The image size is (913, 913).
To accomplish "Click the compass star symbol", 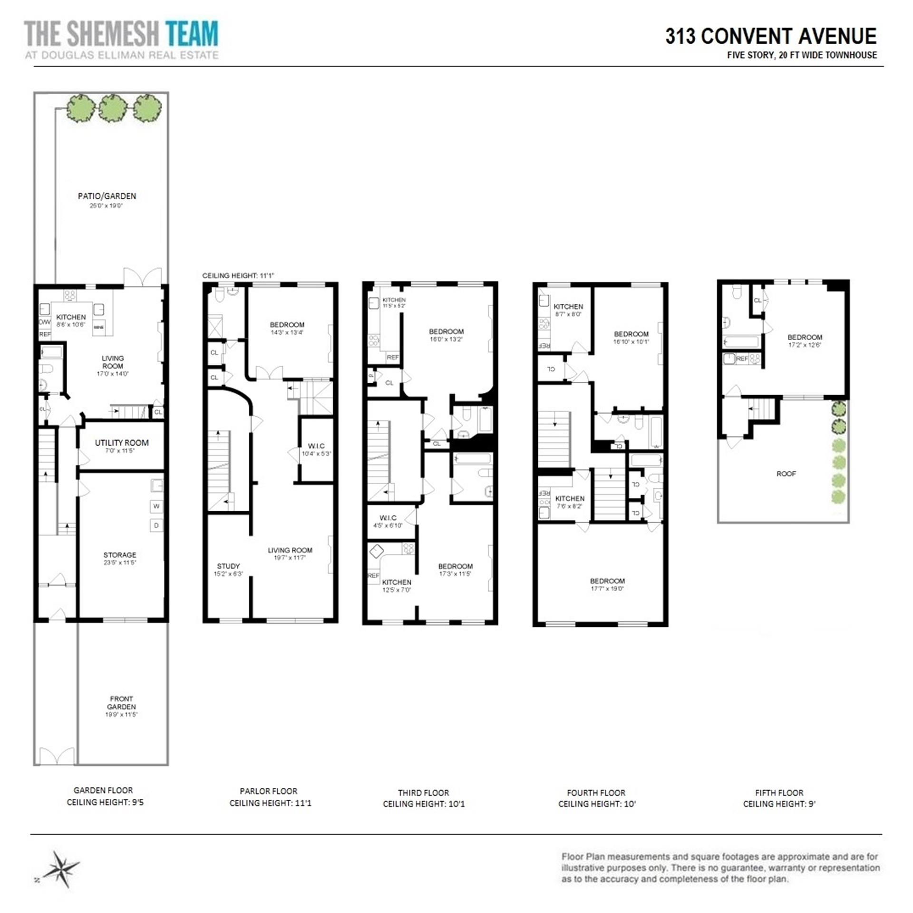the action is pyautogui.click(x=60, y=868).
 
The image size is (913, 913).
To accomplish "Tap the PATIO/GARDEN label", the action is pyautogui.click(x=107, y=196).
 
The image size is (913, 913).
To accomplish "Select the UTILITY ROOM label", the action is pyautogui.click(x=122, y=443).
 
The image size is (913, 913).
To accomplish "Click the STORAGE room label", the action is pyautogui.click(x=120, y=555).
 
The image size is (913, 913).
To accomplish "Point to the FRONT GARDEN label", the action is pyautogui.click(x=121, y=702).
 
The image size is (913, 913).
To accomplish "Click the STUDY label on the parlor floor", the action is pyautogui.click(x=228, y=566).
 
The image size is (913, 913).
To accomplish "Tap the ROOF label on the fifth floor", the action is pyautogui.click(x=786, y=474).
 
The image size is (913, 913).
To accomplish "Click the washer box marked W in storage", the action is pyautogui.click(x=156, y=506).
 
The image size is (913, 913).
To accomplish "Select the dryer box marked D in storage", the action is pyautogui.click(x=156, y=525).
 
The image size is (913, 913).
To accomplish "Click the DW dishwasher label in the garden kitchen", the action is pyautogui.click(x=44, y=322).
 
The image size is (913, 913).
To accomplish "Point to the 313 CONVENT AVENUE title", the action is pyautogui.click(x=771, y=36).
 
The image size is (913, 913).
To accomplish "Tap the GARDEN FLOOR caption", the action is pyautogui.click(x=103, y=790).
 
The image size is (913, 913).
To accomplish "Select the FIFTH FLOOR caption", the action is pyautogui.click(x=779, y=793).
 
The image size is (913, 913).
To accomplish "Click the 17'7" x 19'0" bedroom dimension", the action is pyautogui.click(x=607, y=589).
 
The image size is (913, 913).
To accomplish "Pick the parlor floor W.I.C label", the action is pyautogui.click(x=316, y=446).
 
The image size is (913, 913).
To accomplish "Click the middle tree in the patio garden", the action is pyautogui.click(x=113, y=108).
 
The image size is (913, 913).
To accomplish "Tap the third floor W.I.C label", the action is pyautogui.click(x=388, y=518).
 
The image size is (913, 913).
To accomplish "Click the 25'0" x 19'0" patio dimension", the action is pyautogui.click(x=107, y=206).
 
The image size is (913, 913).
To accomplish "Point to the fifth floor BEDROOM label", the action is pyautogui.click(x=805, y=337).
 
